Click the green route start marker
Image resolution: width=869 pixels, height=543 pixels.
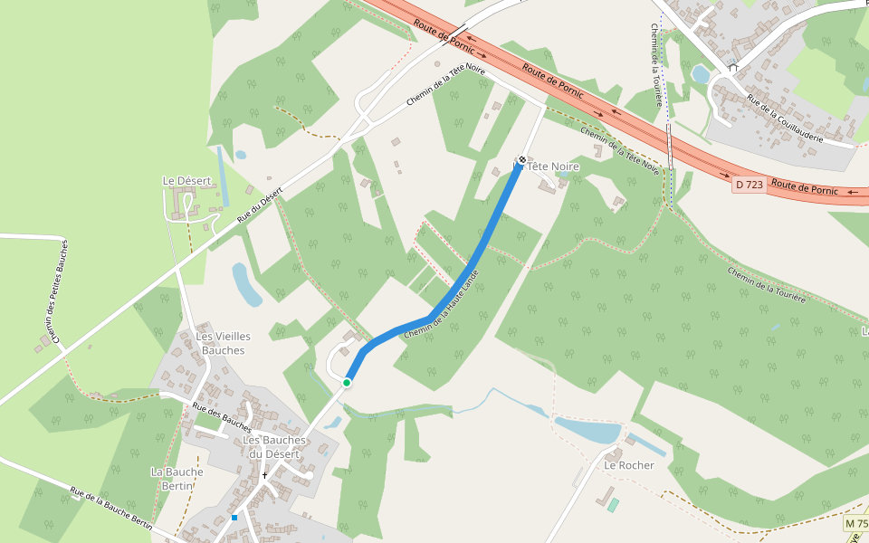tap(347, 383)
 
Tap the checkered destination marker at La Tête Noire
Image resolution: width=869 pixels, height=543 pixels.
tap(521, 160)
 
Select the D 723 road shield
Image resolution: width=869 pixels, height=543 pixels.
tap(750, 185)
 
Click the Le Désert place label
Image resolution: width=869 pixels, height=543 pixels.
tap(186, 181)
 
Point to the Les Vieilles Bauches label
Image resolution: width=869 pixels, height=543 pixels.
tap(223, 343)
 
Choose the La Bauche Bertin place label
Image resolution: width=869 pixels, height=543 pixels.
tap(177, 479)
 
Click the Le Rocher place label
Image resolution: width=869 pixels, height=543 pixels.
tap(629, 465)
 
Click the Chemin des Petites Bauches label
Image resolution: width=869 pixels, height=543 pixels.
tap(56, 291)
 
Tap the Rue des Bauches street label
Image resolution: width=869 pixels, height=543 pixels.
tap(222, 416)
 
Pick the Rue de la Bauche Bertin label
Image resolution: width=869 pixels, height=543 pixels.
tap(110, 508)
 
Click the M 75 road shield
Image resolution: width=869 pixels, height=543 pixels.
tap(855, 524)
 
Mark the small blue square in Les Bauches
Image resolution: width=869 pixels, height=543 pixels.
tap(234, 518)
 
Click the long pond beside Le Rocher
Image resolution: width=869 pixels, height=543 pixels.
tap(587, 431)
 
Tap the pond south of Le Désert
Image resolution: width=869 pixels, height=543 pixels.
tap(245, 284)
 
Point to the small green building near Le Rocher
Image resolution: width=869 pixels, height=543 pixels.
tap(614, 504)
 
